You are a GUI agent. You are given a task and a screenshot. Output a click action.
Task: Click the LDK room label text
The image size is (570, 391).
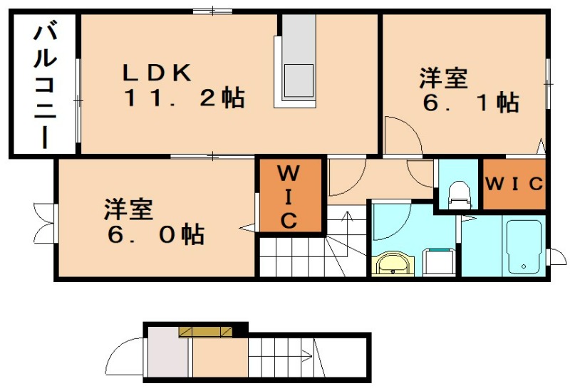coord(157,72)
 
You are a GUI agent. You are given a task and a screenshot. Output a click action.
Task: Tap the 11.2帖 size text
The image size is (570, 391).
coord(184,98)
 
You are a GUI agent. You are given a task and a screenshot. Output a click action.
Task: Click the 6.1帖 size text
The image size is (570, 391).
coord(470,103)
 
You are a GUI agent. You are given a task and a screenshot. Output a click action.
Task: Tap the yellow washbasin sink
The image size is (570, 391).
coord(393,264)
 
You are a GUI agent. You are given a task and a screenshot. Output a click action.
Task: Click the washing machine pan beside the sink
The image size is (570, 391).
coord(438,261)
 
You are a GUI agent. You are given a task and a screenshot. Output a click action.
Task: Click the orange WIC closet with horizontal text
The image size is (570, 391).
coord(514,183)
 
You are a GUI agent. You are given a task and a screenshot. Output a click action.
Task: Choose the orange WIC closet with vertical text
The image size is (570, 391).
coord(289,196)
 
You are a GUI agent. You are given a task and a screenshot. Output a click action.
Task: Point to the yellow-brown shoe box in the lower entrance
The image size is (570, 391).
coord(206,330)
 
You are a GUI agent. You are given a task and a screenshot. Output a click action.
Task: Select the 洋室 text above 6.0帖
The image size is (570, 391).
coord(129,209)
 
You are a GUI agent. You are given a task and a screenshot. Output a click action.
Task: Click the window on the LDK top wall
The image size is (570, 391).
coord(212,11)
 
